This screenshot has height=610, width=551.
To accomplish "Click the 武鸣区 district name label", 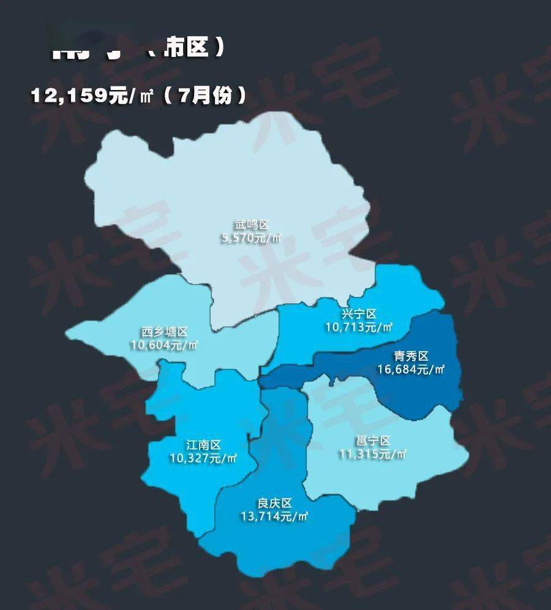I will [x=252, y=225].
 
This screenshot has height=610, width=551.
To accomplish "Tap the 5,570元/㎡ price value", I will [x=252, y=238].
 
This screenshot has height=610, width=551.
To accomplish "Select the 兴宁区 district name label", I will [x=359, y=314].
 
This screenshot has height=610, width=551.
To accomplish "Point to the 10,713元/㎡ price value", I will [x=359, y=327].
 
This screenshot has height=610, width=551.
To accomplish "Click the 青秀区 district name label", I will [x=410, y=356].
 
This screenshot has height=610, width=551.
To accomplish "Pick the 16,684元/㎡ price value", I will [x=410, y=369].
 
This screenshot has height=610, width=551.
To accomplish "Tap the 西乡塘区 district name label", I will [x=164, y=332].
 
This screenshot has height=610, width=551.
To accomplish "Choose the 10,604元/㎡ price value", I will [x=164, y=345].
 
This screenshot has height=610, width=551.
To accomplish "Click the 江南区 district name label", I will [x=203, y=445].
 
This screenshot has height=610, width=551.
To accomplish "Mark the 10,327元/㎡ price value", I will [x=203, y=457].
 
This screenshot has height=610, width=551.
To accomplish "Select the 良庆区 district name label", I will [x=274, y=503].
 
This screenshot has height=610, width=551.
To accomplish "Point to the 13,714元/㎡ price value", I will [x=274, y=516].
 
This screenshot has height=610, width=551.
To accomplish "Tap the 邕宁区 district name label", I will [x=373, y=441].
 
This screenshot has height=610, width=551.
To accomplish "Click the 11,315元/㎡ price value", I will [x=373, y=454].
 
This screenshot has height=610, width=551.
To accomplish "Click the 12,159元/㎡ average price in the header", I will [x=96, y=96].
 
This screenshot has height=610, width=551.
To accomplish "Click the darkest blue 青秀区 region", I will [x=422, y=392].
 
